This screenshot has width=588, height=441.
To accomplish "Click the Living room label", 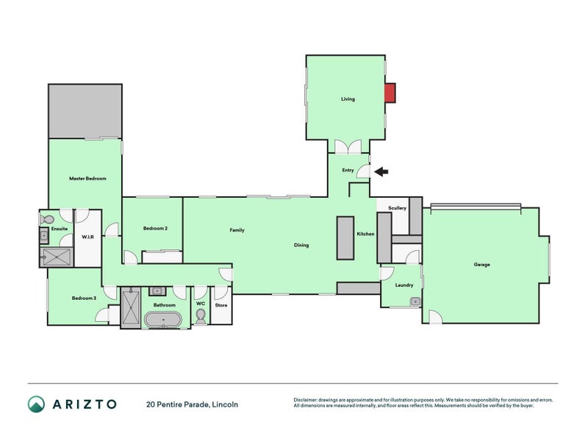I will pyautogui.click(x=348, y=99).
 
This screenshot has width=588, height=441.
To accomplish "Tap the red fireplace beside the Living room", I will pyautogui.click(x=390, y=93).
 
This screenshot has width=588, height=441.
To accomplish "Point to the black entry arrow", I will pyautogui.click(x=381, y=172).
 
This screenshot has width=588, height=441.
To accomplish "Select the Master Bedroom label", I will pyautogui.click(x=87, y=179).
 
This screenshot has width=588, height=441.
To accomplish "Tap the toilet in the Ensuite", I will pyautogui.click(x=49, y=219).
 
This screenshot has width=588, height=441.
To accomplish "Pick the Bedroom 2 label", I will pyautogui.click(x=155, y=229).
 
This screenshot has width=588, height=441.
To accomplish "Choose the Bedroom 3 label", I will pyautogui.click(x=84, y=298).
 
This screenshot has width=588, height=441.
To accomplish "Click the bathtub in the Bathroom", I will pyautogui.click(x=163, y=320).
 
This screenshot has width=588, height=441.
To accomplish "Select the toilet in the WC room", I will pyautogui.click(x=201, y=315).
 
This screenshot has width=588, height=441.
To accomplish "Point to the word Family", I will pyautogui.click(x=237, y=230).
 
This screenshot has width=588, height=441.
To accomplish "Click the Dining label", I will pyautogui.click(x=301, y=245).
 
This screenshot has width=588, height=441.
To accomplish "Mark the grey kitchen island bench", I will pyautogui.click(x=345, y=237).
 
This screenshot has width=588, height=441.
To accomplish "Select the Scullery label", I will pyautogui.click(x=398, y=208).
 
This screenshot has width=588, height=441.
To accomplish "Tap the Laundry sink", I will pyautogui.click(x=415, y=301).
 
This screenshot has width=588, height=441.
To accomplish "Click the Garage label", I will pyautogui.click(x=481, y=265).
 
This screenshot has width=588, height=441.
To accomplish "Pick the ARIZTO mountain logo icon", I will pyautogui.click(x=36, y=404).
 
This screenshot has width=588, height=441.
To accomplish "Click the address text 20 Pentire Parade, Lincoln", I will pyautogui.click(x=192, y=404).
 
